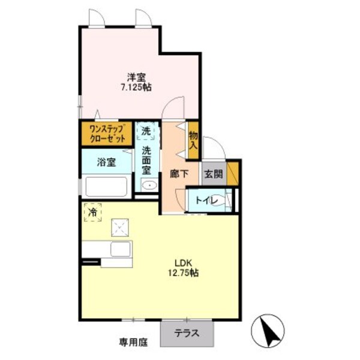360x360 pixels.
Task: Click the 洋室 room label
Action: click(135, 77)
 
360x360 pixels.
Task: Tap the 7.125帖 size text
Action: click(135, 88)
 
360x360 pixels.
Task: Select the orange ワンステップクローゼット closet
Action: click(107, 133)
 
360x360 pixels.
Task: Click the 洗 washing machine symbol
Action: click(147, 131)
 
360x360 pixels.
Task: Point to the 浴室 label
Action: click(107, 162)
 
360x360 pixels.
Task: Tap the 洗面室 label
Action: click(146, 160)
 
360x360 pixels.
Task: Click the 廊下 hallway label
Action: click(179, 174)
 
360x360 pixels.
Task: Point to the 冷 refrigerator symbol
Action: click(93, 212)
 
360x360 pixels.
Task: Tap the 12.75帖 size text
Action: click(183, 272)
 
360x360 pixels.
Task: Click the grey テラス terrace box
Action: click(187, 332)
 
